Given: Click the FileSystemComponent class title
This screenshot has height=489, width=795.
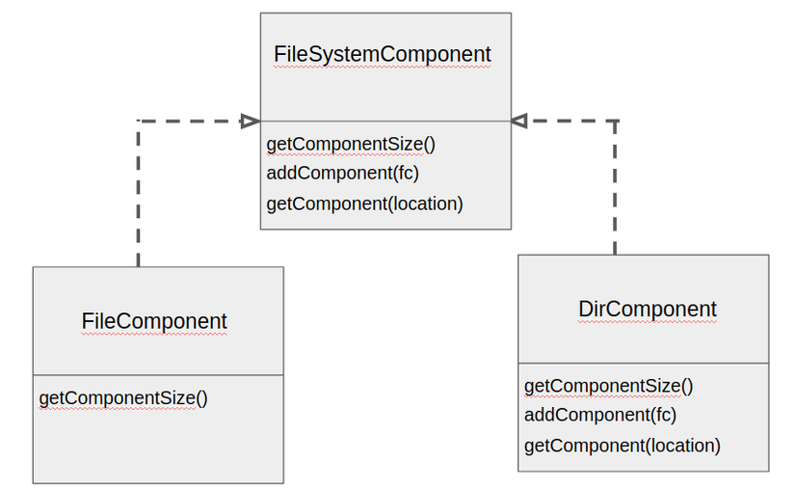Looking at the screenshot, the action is point(383,55).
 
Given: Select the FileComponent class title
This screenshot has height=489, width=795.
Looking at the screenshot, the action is point(154,321).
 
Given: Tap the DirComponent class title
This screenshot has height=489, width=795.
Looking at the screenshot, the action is point(648,310).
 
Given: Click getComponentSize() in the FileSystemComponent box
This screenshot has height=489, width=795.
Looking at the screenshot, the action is point(351,145).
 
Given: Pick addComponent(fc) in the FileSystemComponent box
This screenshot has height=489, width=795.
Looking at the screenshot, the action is point(343,174).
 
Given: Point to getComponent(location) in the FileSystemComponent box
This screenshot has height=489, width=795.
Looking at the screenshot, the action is point(364,204).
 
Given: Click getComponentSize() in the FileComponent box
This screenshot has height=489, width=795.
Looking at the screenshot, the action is point(123,398).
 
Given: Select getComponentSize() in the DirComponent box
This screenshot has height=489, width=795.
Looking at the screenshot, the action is point(608,387).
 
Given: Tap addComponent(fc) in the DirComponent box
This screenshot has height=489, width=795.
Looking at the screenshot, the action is point(600,416).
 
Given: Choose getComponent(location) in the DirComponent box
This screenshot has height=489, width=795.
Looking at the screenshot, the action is point(623,446).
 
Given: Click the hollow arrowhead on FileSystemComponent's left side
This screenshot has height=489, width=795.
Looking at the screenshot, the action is point(251,122).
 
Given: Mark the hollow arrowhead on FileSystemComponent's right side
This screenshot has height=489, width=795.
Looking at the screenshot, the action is point(518,121).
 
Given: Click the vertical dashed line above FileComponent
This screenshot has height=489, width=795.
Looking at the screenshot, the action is point(139,194).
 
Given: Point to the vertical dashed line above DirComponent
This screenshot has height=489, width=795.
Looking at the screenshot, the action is point(615,188).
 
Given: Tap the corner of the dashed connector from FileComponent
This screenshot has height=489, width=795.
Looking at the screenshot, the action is point(139,122).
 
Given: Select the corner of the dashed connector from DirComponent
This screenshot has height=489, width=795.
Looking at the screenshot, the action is point(615,122).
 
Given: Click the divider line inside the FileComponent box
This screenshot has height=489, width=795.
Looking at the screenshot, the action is point(158,375).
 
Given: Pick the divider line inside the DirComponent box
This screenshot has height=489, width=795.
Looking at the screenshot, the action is point(644,364).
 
